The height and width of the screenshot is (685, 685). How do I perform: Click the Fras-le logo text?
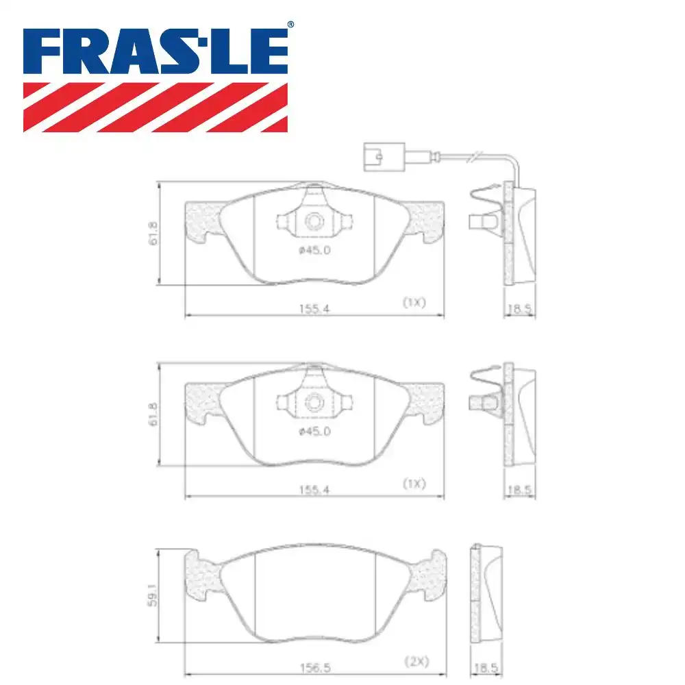(x=155, y=51)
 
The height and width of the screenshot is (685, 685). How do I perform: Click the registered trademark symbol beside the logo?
(x=290, y=25)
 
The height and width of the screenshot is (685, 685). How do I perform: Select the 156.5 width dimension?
(x=315, y=667)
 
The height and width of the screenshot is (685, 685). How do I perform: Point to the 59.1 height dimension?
(x=152, y=595)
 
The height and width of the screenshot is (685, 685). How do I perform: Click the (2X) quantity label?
(x=416, y=662)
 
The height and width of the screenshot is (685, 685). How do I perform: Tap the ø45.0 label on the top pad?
(x=314, y=250)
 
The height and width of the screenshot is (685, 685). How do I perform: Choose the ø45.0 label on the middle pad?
(x=314, y=431)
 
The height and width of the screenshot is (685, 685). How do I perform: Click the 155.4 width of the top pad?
(x=314, y=308)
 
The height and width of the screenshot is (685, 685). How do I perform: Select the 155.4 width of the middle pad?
(x=314, y=490)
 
